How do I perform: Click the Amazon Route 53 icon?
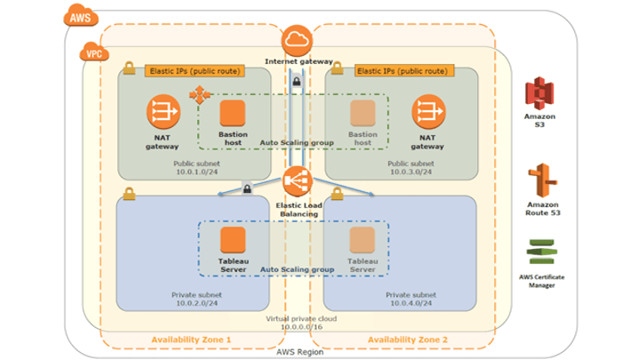(539, 180)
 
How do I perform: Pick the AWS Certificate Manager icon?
(540, 252)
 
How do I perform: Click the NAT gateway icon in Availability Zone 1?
(164, 113)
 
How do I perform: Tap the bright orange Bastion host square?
(232, 114)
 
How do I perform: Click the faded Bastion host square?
(362, 114)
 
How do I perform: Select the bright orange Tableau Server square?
(232, 239)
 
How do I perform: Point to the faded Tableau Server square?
(362, 239)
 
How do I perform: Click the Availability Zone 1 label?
(191, 340)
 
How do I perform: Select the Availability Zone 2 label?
(408, 340)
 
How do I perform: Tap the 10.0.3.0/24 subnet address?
(411, 172)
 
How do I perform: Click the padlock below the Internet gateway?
(295, 82)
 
